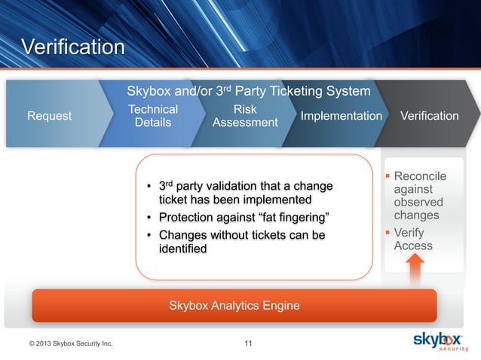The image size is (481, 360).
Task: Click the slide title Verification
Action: [x=72, y=47]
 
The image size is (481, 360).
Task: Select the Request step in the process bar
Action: [x=50, y=116]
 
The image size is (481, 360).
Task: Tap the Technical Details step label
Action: [x=153, y=116]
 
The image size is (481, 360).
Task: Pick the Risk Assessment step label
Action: [x=246, y=116]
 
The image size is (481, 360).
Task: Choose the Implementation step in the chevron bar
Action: [x=341, y=116]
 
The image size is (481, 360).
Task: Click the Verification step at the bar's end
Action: [x=429, y=116]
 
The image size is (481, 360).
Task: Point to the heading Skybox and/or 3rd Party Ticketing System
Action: [x=249, y=92]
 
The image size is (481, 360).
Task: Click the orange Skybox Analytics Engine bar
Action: [x=234, y=305]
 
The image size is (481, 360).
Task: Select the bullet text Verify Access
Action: [x=413, y=239]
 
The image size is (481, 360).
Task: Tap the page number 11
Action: [x=249, y=345]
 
